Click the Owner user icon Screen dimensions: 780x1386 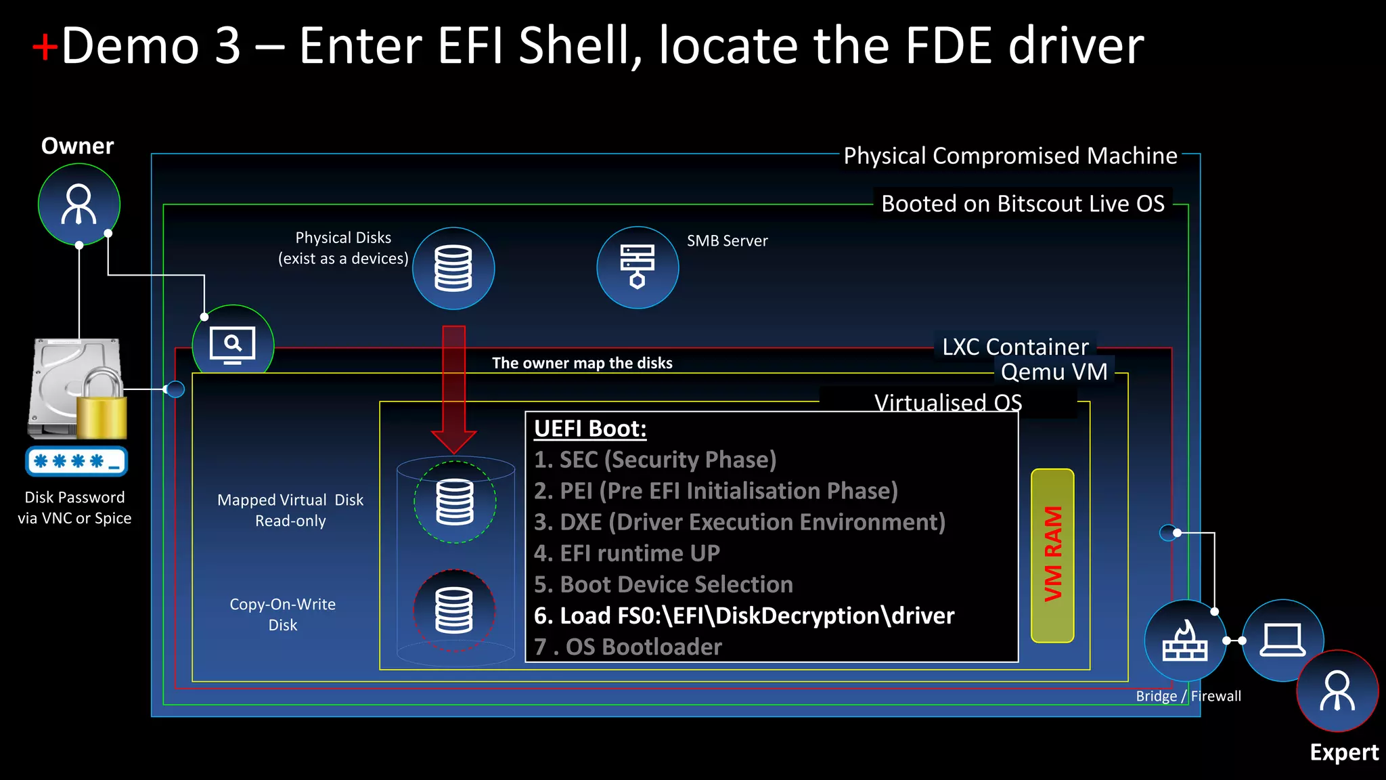tap(79, 204)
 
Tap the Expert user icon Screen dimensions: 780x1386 tap(1337, 691)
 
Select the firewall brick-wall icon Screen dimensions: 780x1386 tap(1184, 641)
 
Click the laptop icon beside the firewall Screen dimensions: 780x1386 tap(1282, 640)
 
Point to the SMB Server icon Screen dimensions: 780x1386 tap(638, 267)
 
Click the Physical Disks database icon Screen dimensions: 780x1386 tap(453, 268)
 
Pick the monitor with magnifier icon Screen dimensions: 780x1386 tap(233, 345)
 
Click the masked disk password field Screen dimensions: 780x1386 tap(76, 462)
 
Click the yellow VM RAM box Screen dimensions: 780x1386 tap(1052, 555)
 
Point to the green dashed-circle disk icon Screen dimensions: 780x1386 tap(455, 502)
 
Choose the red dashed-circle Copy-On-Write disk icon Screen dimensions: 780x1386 tap(454, 610)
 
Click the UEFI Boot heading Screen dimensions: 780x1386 tap(590, 429)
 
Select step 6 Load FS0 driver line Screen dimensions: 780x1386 tap(744, 615)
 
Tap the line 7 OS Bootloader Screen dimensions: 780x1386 tap(628, 647)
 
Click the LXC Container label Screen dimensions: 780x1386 tap(1015, 347)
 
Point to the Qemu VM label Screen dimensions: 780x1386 tap(1054, 372)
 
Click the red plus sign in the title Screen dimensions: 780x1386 tap(45, 47)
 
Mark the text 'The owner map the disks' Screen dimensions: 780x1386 tap(582, 363)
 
